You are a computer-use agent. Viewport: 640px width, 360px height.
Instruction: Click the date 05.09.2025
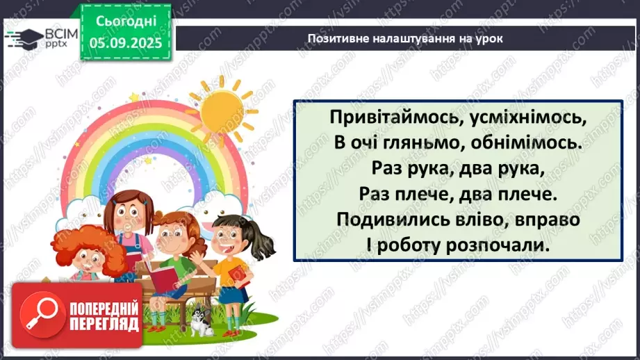point(126,43)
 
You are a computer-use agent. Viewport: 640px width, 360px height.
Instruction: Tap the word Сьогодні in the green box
point(126,22)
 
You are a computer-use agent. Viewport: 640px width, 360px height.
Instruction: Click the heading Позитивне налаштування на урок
point(405,39)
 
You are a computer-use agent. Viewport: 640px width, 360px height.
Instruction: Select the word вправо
point(548,220)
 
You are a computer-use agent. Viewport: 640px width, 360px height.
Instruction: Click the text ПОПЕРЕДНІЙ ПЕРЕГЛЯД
point(104,316)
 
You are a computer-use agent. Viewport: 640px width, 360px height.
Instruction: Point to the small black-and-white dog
point(202,320)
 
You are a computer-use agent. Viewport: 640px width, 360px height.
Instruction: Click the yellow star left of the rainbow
point(134,97)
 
